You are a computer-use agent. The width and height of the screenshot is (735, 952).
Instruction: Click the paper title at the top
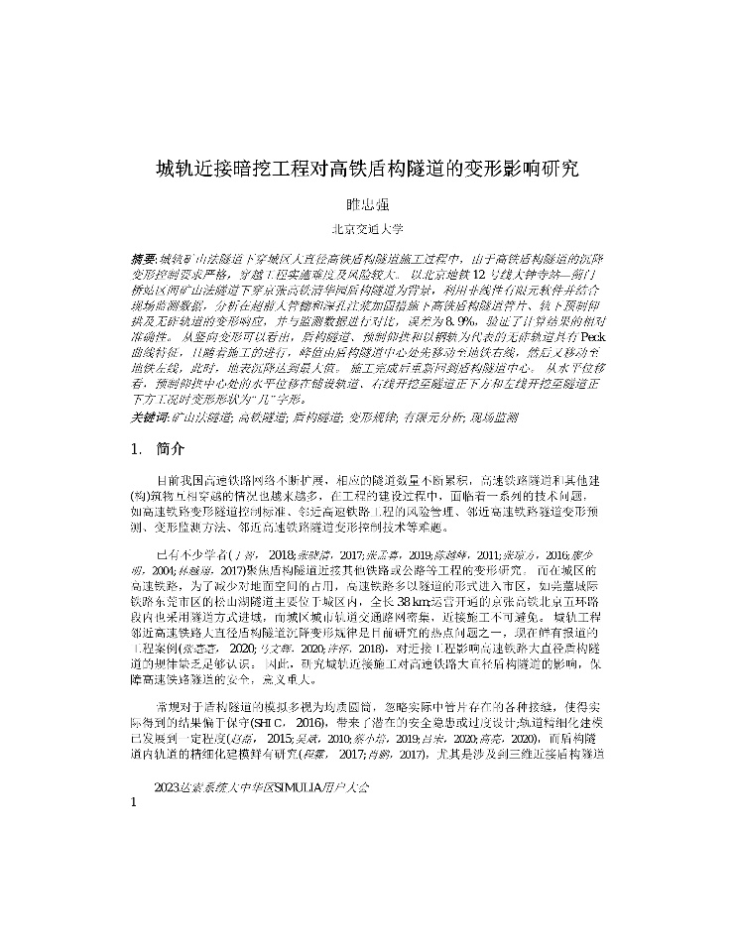(x=367, y=169)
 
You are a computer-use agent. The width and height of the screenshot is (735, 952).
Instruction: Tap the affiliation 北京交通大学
(x=367, y=230)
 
